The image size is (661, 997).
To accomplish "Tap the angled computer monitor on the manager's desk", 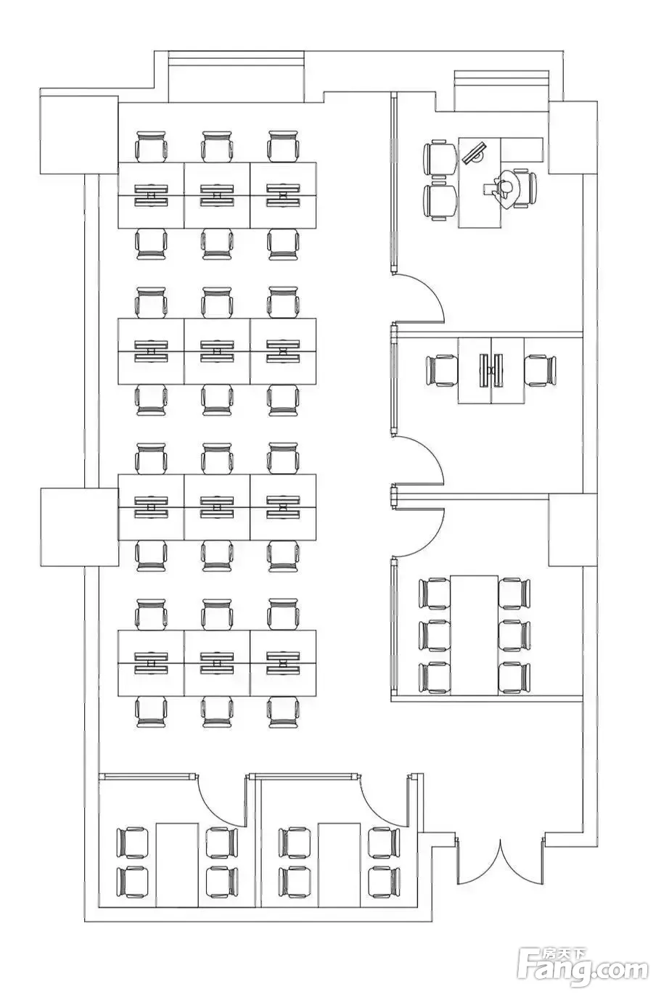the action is coord(474,152).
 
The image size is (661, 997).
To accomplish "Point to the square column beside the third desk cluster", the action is coord(80,527).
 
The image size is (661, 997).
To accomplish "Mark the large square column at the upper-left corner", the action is coord(79,134).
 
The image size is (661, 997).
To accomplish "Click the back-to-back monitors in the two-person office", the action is coord(491,370).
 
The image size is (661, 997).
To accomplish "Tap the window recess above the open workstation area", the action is coord(236,77).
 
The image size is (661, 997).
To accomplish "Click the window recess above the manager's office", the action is coord(501,91).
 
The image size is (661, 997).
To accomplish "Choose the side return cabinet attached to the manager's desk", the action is coord(522,150).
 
